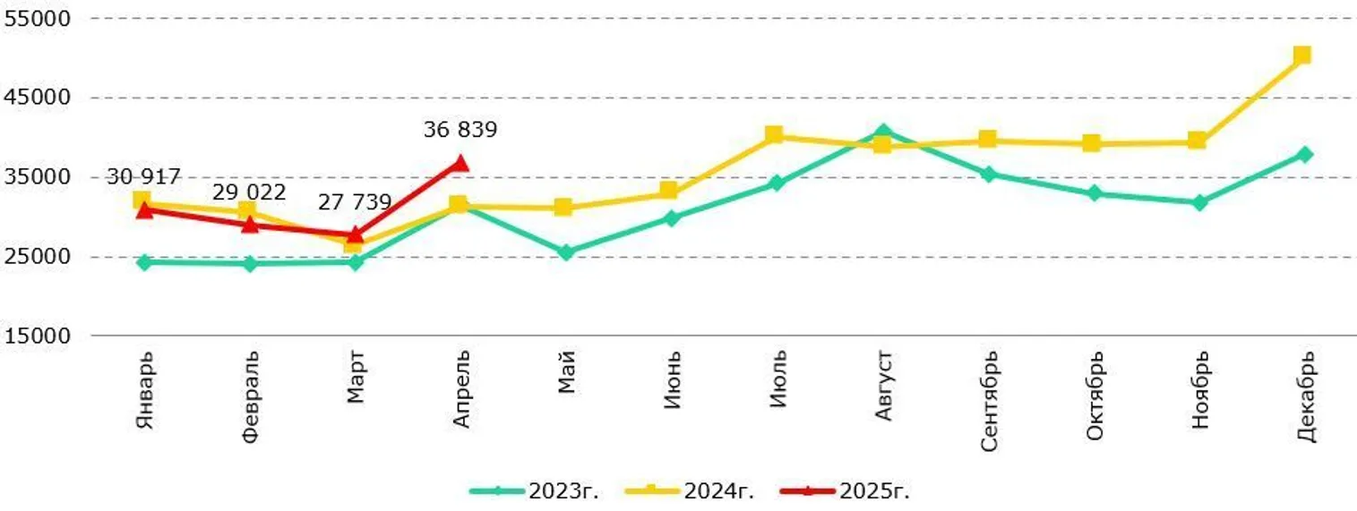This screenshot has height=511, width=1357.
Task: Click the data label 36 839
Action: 459,130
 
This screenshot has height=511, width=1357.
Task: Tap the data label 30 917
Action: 143,176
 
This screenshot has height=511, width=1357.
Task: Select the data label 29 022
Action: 249,192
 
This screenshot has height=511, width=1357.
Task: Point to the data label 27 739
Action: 355,202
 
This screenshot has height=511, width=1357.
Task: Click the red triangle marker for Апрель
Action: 460,163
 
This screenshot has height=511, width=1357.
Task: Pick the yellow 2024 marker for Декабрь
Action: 1302,55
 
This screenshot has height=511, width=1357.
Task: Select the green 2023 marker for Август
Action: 882,132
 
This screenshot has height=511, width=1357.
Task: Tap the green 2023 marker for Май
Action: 565,252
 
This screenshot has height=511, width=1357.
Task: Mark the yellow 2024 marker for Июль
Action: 775,135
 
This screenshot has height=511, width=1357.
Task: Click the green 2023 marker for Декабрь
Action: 1304,154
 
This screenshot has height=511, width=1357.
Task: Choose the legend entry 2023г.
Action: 535,490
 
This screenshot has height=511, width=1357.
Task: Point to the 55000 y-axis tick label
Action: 31,18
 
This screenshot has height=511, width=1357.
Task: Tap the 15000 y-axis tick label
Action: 31,336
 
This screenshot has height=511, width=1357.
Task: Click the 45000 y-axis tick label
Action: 31,98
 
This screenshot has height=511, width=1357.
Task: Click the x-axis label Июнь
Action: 672,380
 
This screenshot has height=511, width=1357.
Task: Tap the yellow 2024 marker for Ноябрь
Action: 1197,141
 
